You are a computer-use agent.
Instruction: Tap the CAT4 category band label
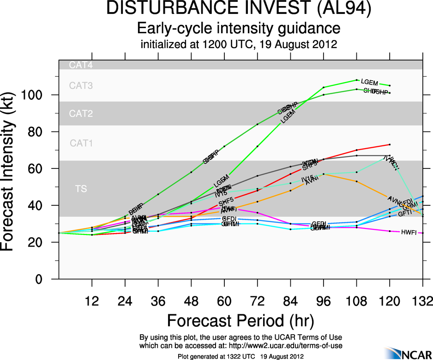click(x=81, y=65)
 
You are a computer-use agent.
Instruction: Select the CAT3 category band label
click(x=81, y=85)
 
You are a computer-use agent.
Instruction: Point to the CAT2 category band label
click(x=81, y=114)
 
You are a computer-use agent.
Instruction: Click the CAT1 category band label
click(x=81, y=143)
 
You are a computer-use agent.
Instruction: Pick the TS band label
click(x=81, y=188)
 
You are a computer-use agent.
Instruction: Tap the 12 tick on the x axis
click(x=92, y=302)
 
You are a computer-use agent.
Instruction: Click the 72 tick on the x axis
click(x=257, y=302)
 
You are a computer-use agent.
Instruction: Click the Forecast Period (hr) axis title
click(x=240, y=320)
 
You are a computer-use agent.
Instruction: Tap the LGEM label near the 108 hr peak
click(x=369, y=82)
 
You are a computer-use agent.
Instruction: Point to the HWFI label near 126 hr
click(x=409, y=232)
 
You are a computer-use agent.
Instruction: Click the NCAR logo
click(x=406, y=352)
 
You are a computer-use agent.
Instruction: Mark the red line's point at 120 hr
click(x=390, y=144)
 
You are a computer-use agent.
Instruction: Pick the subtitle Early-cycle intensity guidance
click(x=239, y=29)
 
